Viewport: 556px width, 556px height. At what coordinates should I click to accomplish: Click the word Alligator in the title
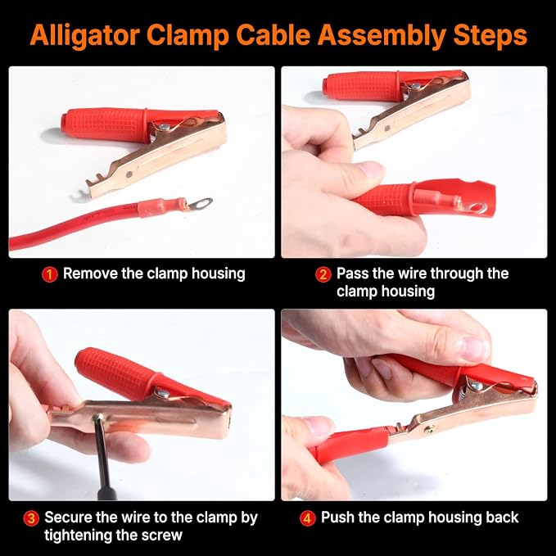[84, 36]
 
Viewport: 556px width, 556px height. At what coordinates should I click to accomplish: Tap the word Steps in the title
[490, 36]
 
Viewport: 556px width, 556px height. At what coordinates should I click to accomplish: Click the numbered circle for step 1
[50, 275]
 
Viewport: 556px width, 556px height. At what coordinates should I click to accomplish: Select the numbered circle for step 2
[323, 275]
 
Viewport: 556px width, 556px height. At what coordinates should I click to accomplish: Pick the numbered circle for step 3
[31, 518]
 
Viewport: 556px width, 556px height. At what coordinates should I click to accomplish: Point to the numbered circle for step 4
[307, 518]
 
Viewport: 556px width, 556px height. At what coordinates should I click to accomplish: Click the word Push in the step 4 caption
[337, 518]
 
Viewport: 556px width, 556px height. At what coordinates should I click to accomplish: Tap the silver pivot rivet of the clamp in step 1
[164, 127]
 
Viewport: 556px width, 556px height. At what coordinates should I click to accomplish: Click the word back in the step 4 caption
[502, 518]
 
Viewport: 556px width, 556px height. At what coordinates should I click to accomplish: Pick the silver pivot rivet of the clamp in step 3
[163, 392]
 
